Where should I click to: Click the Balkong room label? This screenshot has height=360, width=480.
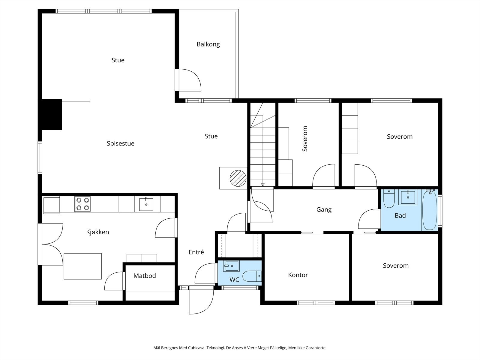point(208,44)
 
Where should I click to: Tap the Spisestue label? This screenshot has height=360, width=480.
point(121,144)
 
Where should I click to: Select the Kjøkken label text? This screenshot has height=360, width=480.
point(97,232)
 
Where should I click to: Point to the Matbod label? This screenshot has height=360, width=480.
point(145,276)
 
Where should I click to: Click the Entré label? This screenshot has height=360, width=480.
point(196,252)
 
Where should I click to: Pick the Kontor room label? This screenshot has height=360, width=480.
point(298,275)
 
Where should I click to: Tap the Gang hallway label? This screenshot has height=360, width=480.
point(324,210)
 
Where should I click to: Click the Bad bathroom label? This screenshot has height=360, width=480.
point(400,215)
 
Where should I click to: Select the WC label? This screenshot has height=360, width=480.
point(234,280)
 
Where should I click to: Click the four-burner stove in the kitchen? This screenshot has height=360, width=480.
point(83,204)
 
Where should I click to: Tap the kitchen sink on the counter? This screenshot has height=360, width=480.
point(146,204)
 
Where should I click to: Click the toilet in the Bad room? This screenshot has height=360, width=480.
point(389,199)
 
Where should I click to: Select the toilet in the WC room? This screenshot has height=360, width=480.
point(252,276)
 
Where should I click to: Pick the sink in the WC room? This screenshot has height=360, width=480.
point(231,266)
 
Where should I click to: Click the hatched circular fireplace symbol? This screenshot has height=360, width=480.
point(238,178)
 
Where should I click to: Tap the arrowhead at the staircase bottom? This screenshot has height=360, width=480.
point(262,185)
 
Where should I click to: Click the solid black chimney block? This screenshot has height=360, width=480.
point(52,115)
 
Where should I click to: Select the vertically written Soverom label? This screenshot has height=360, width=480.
point(305,139)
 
